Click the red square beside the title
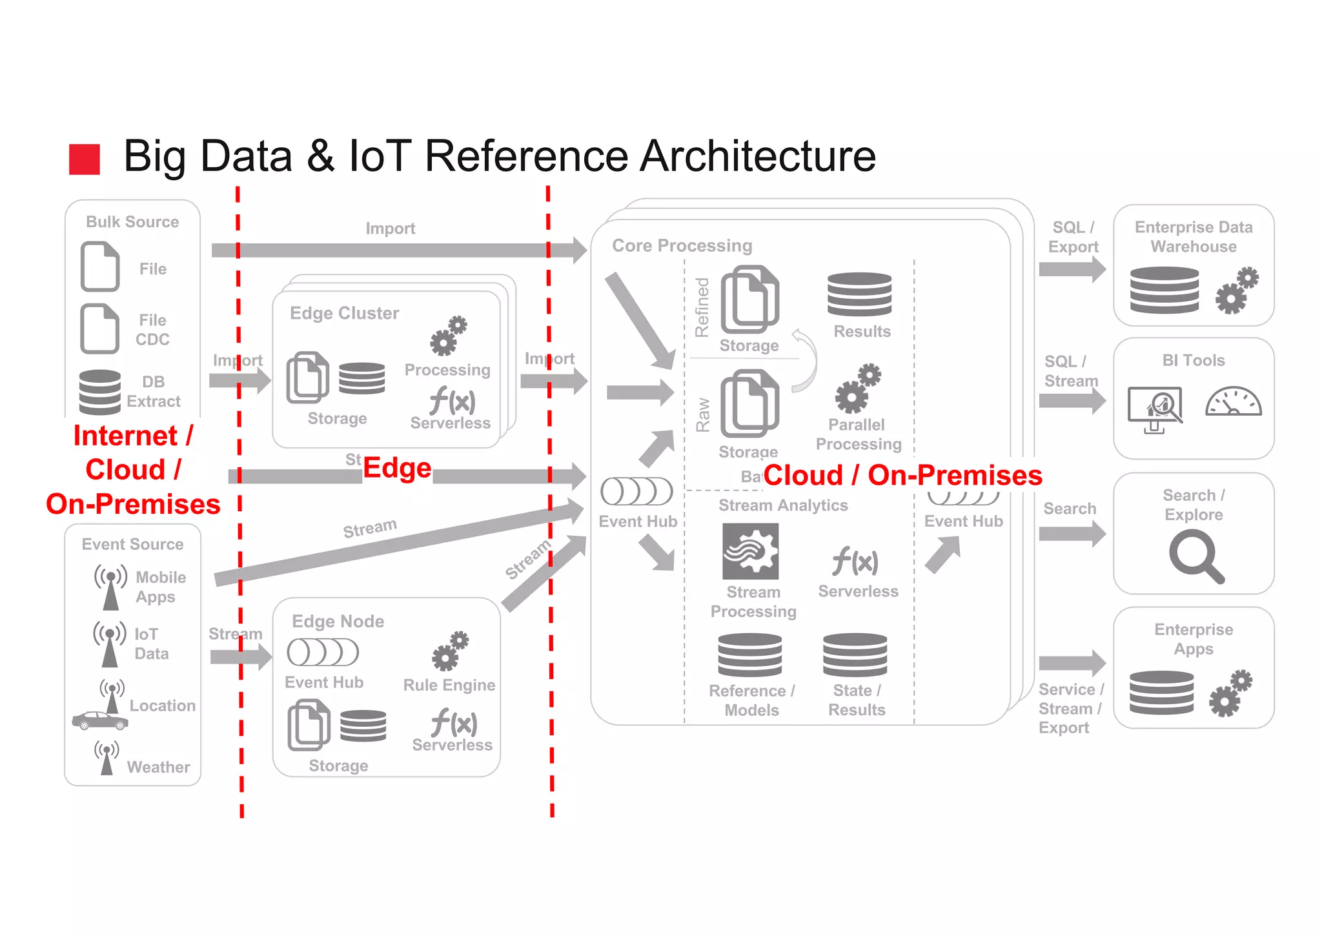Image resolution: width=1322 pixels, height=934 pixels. tap(85, 159)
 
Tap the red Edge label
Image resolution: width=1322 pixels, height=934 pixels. tap(396, 468)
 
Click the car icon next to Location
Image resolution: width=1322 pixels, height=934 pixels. tap(99, 720)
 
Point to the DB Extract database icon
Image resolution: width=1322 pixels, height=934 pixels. tap(99, 391)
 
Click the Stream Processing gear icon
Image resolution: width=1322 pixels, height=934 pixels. tap(750, 551)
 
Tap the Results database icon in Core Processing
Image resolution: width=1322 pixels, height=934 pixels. tap(859, 294)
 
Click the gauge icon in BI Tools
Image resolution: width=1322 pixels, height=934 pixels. tap(1233, 401)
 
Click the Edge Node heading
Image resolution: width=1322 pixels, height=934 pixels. tap(338, 621)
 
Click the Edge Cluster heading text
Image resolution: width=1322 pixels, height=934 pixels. tap(344, 313)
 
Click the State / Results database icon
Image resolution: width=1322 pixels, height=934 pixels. tap(855, 655)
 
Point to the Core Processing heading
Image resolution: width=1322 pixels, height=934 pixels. tap(682, 246)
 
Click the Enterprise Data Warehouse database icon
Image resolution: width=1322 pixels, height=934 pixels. tap(1164, 290)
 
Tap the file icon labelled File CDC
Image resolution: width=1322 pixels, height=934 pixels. tap(99, 329)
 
